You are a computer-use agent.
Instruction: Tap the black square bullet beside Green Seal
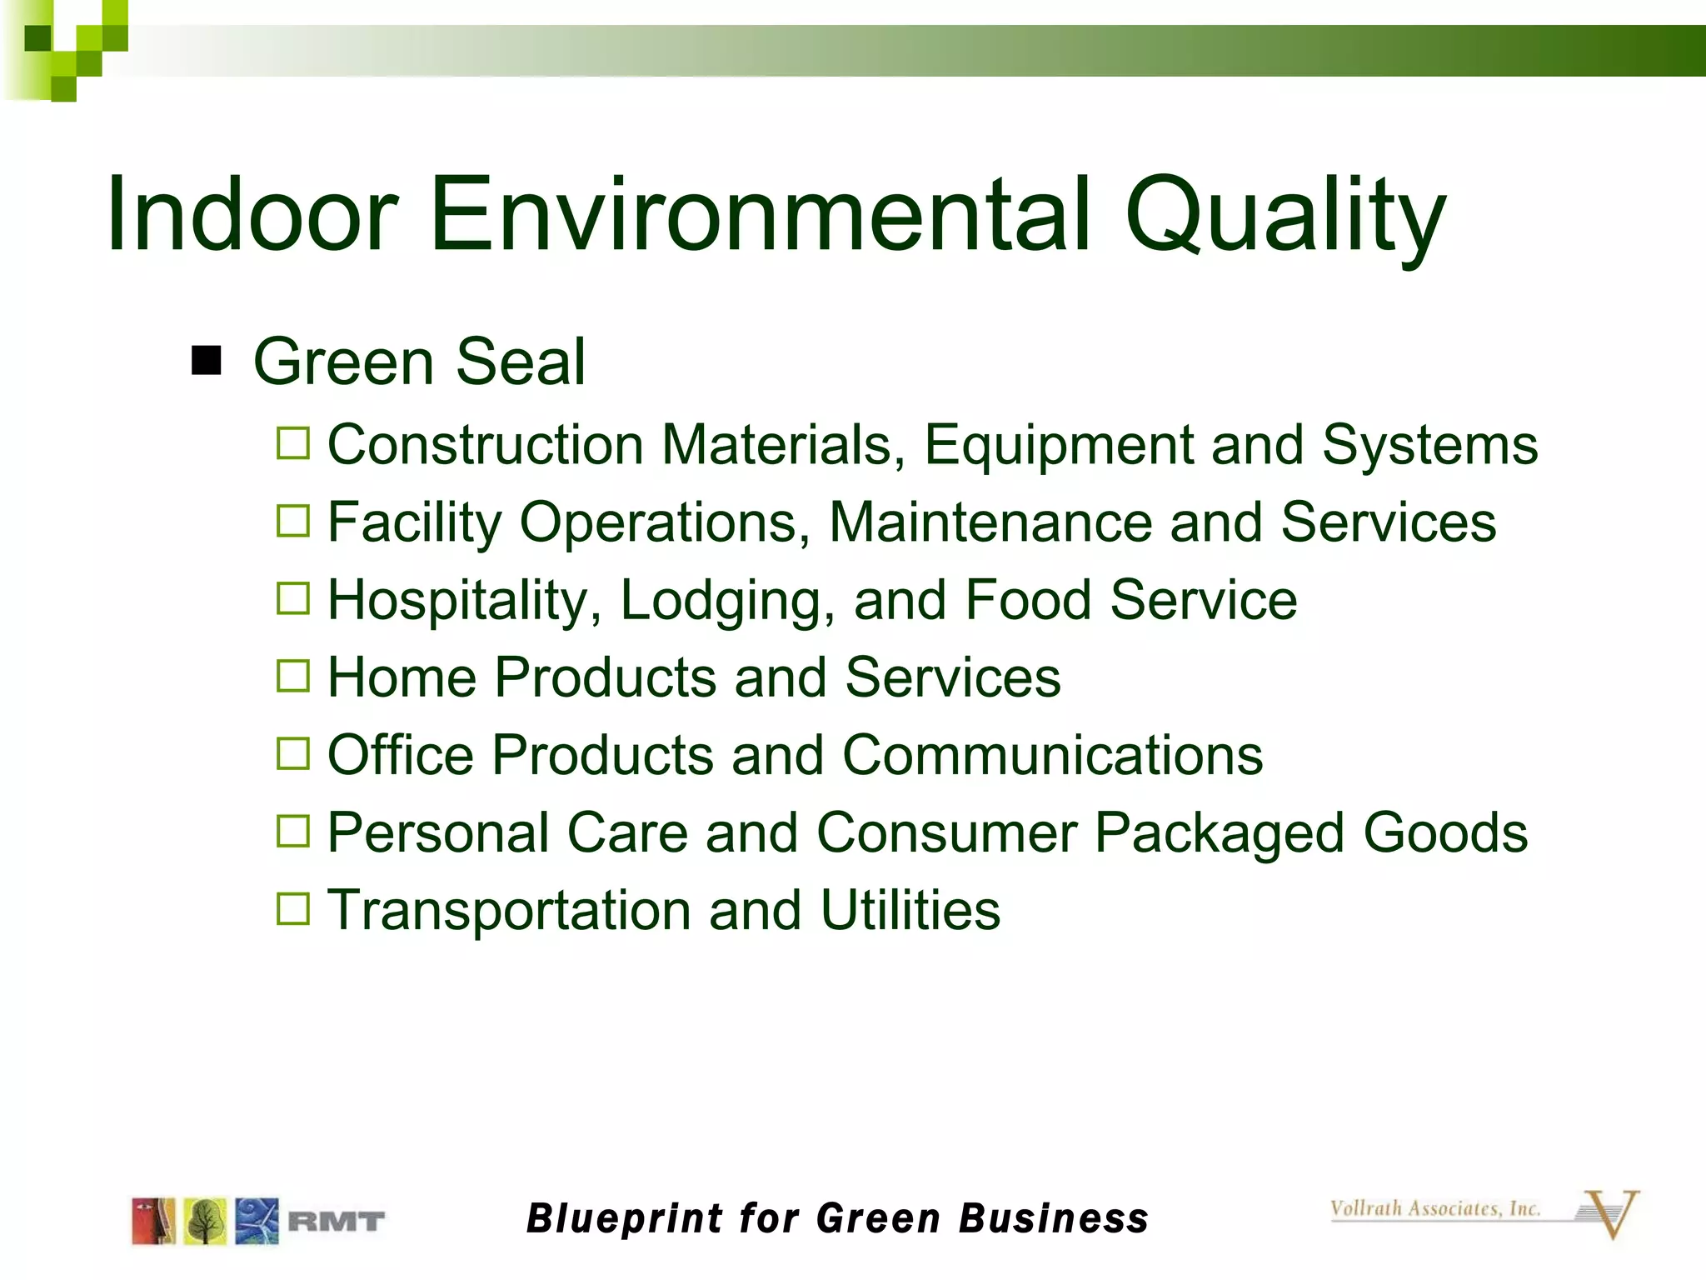point(206,362)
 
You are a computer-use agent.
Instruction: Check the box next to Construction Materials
point(293,443)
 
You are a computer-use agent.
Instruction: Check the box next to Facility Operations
point(293,521)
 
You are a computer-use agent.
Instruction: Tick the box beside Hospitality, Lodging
point(293,598)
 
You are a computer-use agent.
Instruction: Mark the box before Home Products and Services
point(293,676)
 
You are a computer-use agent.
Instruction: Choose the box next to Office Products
point(293,753)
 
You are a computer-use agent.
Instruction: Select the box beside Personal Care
point(293,831)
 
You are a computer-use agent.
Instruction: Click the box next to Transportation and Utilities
point(293,908)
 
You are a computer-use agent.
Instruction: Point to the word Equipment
point(1059,445)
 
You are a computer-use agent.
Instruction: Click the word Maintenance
point(990,522)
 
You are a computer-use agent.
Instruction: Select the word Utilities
point(910,910)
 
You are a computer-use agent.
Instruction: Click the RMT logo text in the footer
point(337,1222)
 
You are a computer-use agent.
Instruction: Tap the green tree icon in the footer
point(205,1221)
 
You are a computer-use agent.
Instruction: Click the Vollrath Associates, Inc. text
point(1434,1208)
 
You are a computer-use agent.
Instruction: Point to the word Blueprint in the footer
point(624,1218)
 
